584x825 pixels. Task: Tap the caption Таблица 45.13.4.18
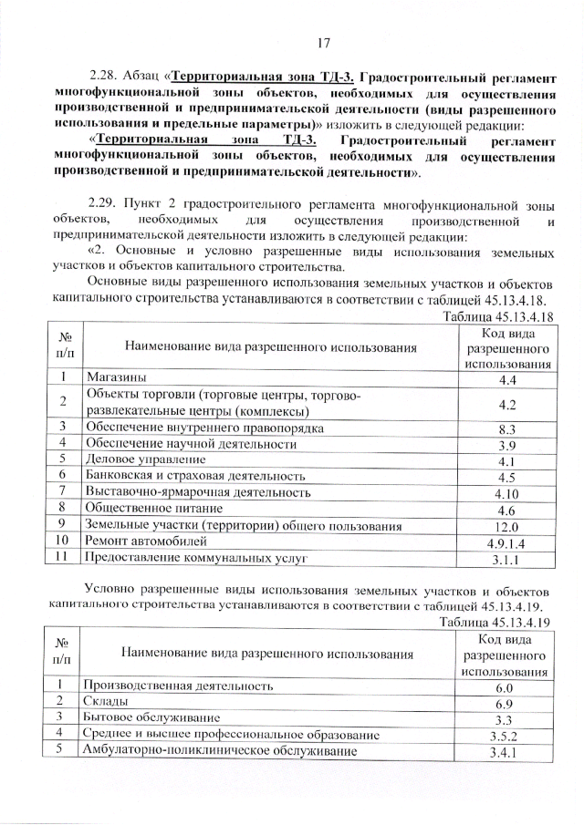point(498,315)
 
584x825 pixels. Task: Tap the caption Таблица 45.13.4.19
point(498,623)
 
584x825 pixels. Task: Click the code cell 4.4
point(508,378)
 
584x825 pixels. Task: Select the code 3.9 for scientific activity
point(508,445)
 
